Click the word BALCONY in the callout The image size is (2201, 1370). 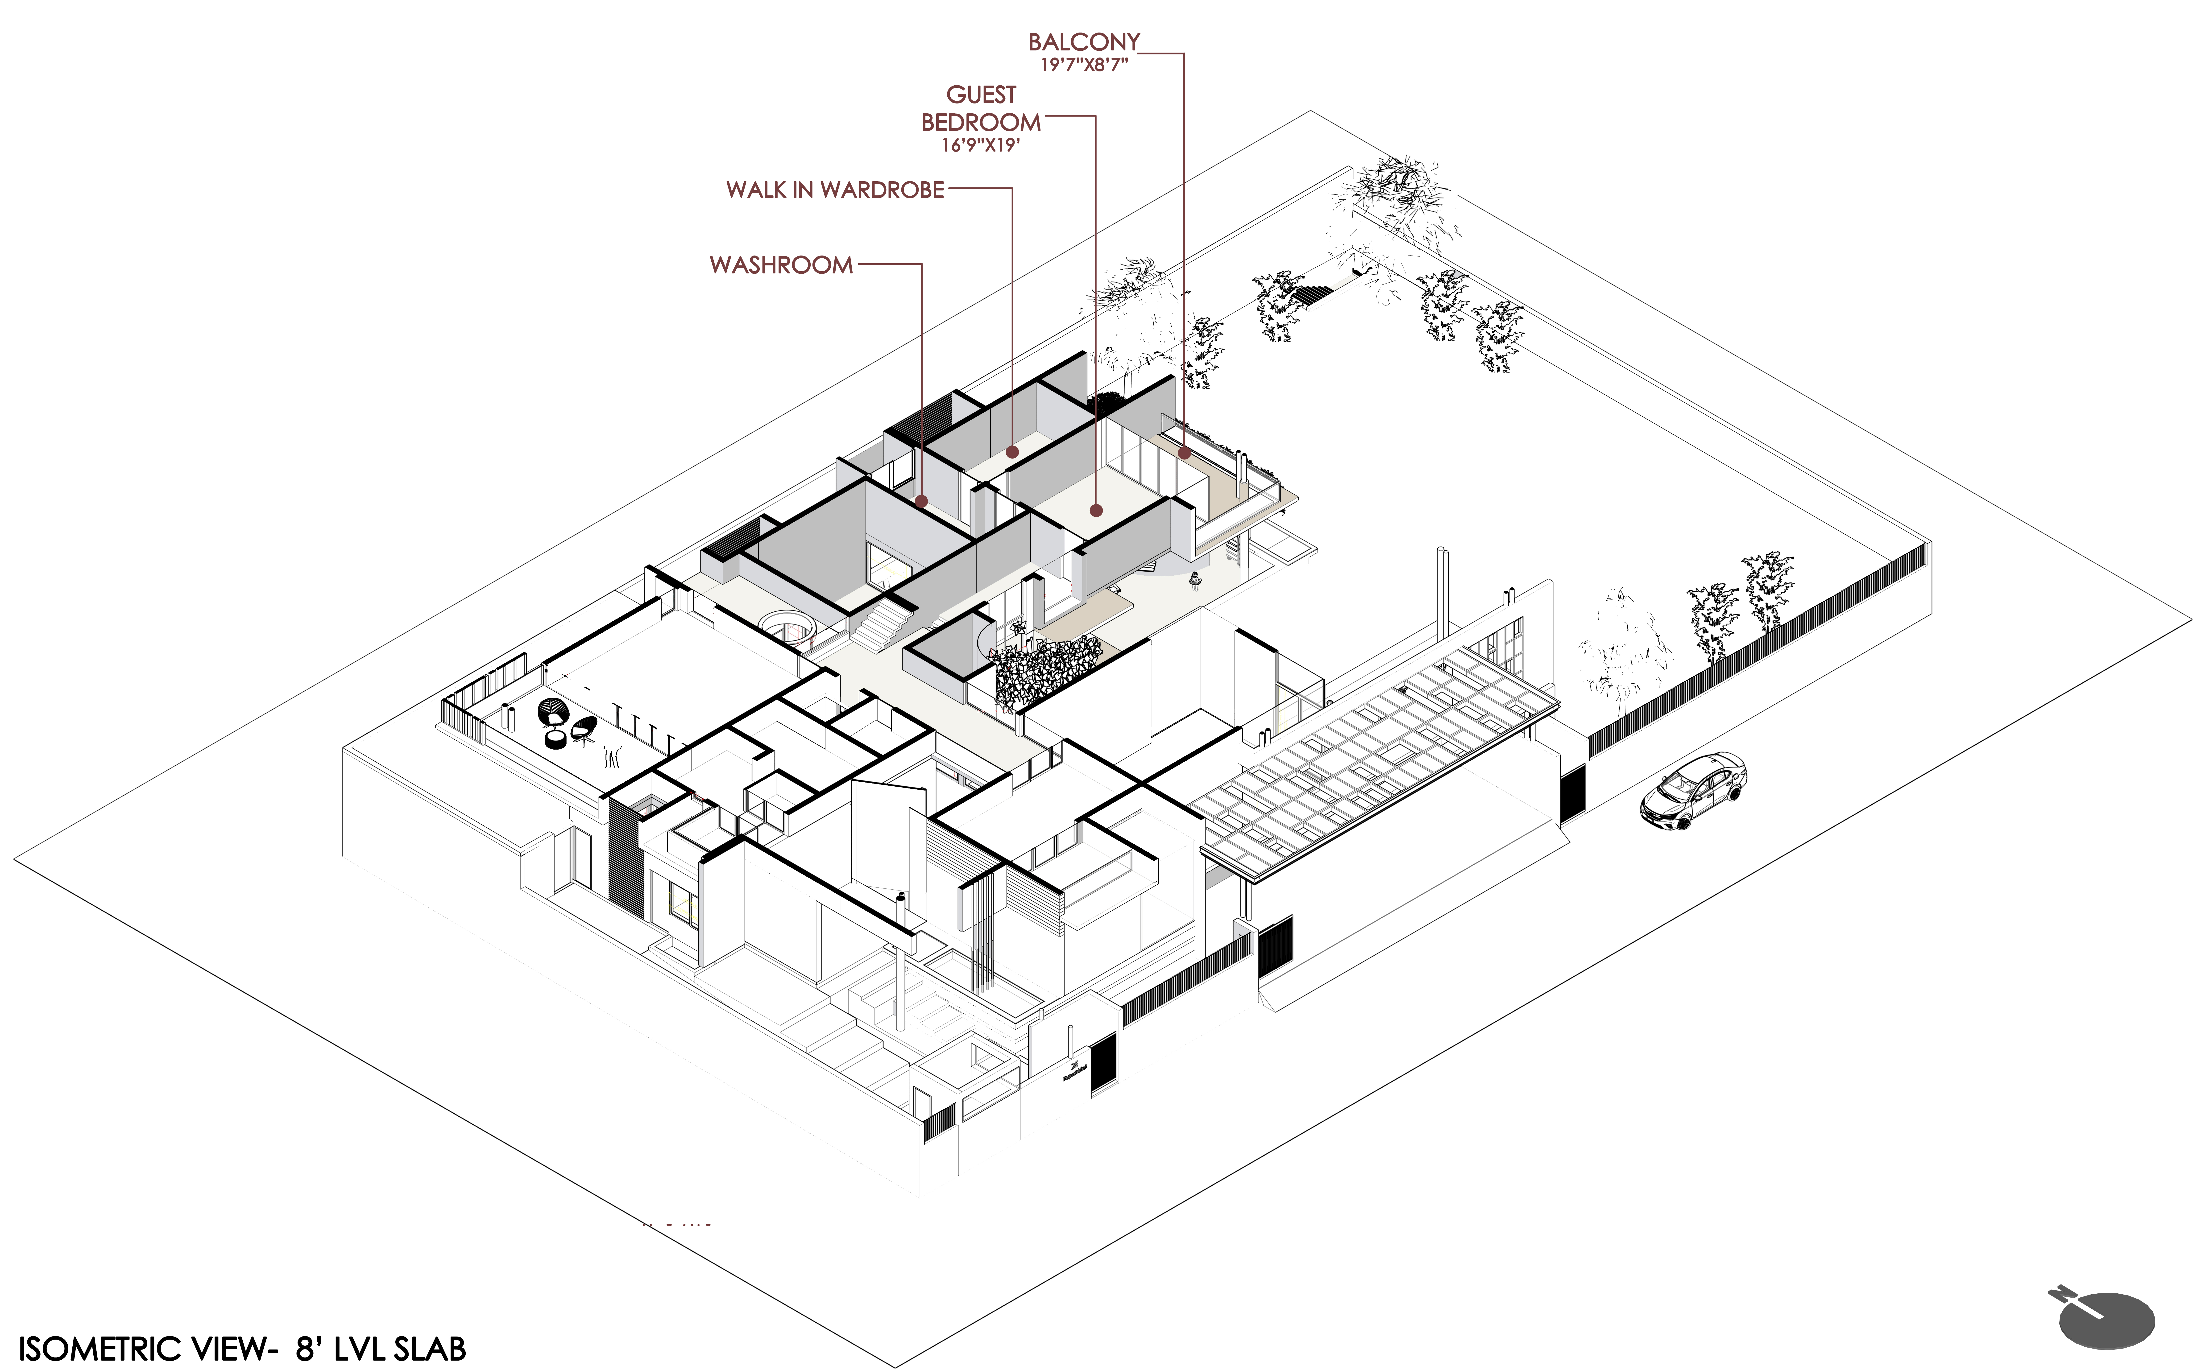pyautogui.click(x=1084, y=42)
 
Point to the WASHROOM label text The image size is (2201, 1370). pyautogui.click(x=781, y=265)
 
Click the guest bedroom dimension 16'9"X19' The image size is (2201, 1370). pyautogui.click(x=981, y=145)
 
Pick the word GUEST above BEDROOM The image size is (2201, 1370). pyautogui.click(x=981, y=95)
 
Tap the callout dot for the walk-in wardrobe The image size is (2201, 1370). pyautogui.click(x=1012, y=451)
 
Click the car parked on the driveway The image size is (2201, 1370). pyautogui.click(x=1693, y=791)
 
